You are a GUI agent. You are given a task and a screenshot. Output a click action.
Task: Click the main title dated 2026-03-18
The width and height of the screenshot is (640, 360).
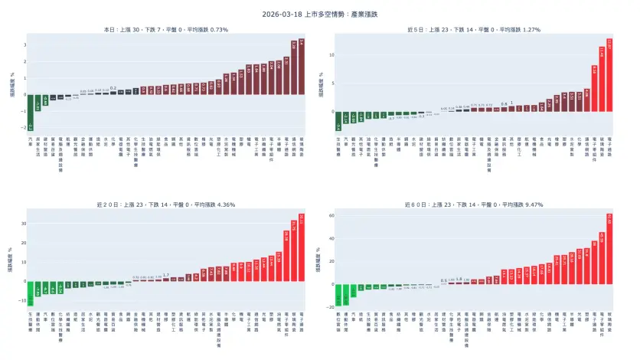pyautogui.click(x=320, y=14)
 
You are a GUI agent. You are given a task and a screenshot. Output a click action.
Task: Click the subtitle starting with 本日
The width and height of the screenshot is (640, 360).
pyautogui.click(x=166, y=29)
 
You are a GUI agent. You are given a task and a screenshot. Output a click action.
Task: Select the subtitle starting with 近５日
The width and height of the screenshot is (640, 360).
pyautogui.click(x=474, y=29)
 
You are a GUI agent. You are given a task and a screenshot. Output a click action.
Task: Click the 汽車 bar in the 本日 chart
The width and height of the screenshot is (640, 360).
pyautogui.click(x=31, y=112)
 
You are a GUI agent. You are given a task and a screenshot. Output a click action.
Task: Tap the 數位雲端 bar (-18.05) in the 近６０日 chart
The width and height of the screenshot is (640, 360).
pyautogui.click(x=338, y=294)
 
